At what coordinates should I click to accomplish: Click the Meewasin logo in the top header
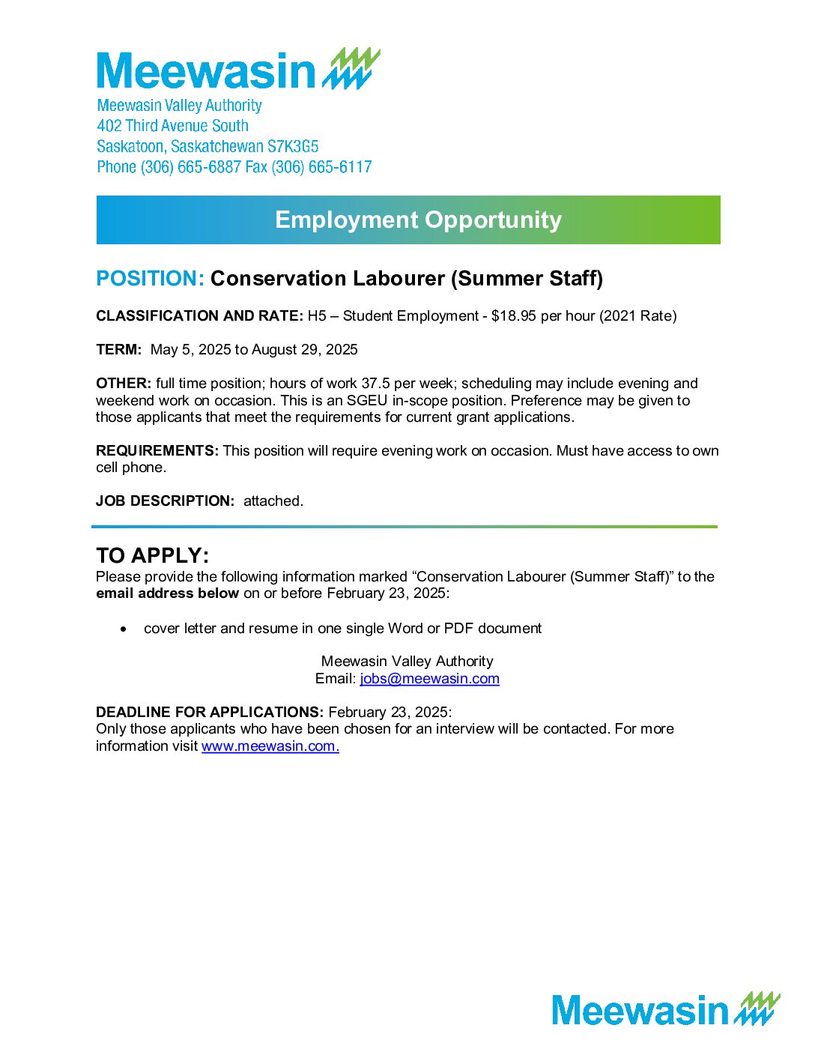click(238, 70)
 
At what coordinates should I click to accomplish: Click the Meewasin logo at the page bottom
click(665, 1009)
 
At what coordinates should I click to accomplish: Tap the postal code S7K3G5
click(293, 146)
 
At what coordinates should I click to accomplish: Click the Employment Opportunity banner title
click(418, 220)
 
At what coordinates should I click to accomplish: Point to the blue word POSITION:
click(150, 279)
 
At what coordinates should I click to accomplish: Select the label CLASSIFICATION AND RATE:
click(199, 316)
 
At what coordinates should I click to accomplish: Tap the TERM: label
click(118, 350)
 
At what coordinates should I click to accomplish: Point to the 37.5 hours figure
click(377, 384)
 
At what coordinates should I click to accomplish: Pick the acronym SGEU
click(367, 401)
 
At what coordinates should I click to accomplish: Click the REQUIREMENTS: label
click(157, 451)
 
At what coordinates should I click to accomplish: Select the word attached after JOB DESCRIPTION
click(273, 501)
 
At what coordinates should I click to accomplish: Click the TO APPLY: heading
click(152, 556)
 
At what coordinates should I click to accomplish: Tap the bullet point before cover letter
click(124, 629)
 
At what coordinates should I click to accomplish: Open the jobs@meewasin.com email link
click(429, 679)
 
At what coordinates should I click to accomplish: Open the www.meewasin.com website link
click(270, 746)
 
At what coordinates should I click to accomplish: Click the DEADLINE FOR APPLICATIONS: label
click(210, 713)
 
